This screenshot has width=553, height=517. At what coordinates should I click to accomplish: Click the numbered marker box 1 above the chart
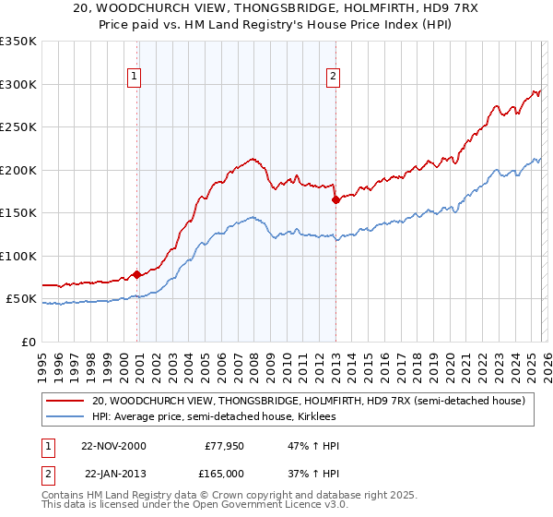(x=135, y=78)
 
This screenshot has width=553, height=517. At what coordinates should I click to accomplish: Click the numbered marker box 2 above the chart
(x=332, y=78)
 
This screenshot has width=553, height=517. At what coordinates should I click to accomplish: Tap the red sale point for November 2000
(x=136, y=274)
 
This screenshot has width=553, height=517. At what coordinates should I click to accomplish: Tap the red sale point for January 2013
(x=335, y=199)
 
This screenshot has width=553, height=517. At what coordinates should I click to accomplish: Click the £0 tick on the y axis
(x=28, y=342)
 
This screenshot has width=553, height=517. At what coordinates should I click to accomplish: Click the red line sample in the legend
(x=65, y=401)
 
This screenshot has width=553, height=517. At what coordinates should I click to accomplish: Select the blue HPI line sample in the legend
(x=65, y=418)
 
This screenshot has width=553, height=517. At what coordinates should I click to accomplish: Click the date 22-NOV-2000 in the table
(x=112, y=446)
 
